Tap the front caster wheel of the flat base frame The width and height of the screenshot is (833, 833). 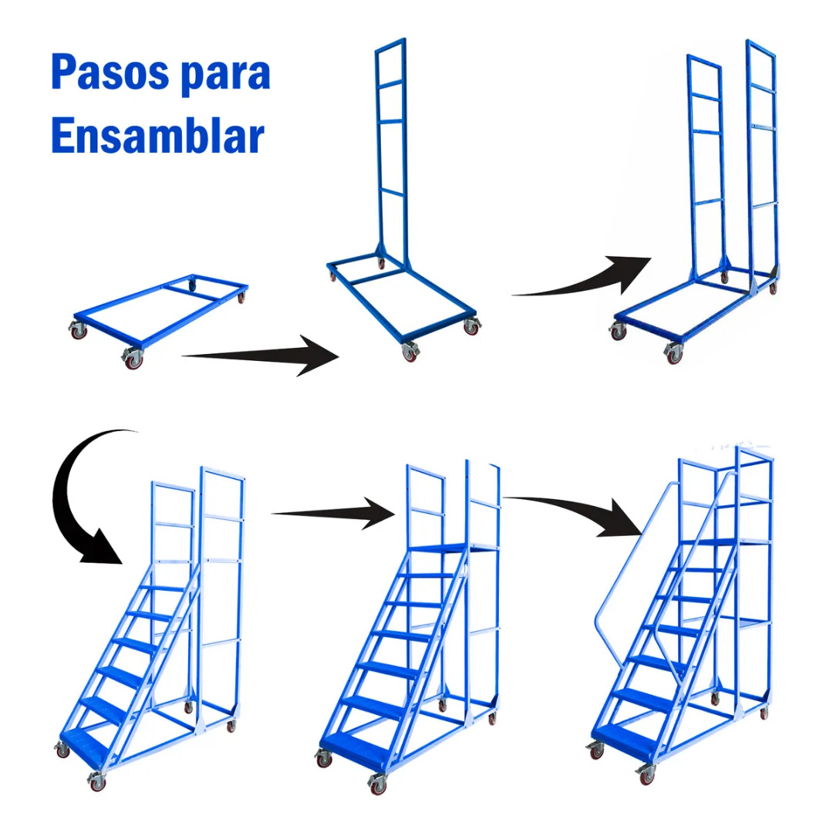tap(133, 358)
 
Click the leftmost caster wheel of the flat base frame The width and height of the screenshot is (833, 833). tap(77, 330)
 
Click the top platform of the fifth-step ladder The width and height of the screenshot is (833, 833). tap(451, 548)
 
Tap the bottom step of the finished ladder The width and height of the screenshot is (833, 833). tap(625, 737)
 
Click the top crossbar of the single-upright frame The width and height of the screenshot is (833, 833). tap(392, 46)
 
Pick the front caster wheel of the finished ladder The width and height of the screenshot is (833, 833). tap(646, 774)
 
